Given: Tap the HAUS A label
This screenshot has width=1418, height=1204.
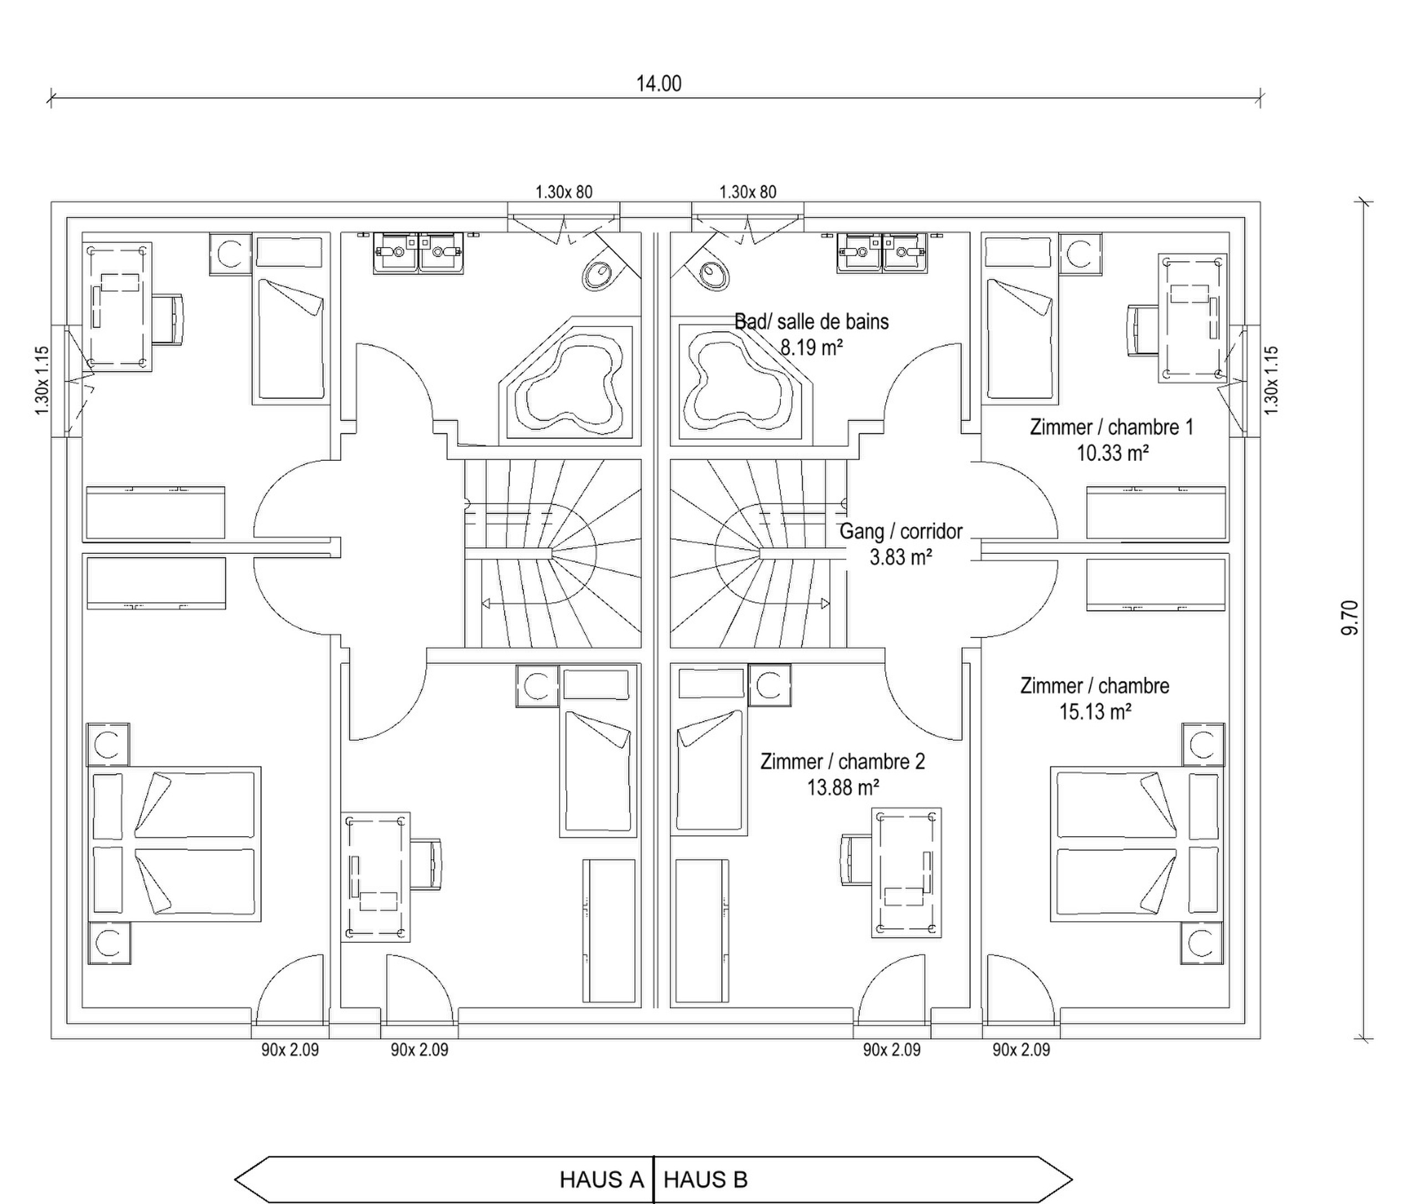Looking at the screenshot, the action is [602, 1180].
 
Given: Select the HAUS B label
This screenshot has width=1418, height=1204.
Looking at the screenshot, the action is [705, 1180].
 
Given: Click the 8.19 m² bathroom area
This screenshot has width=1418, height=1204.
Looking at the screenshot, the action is [811, 347].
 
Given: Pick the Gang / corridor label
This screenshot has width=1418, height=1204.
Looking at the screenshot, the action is [901, 531].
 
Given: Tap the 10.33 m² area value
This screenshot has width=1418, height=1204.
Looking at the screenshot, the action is [1112, 452].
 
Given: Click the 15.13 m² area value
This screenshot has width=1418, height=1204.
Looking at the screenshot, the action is [1095, 712].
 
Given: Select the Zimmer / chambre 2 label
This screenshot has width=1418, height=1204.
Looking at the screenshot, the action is [842, 761].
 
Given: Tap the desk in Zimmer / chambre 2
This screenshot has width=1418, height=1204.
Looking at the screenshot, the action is [906, 873].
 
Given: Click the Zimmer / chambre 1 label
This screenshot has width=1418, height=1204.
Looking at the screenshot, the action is [1112, 427].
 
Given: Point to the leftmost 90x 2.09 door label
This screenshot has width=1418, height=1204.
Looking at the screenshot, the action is [290, 1049].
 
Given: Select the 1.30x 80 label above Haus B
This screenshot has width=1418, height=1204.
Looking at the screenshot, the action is [748, 192].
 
